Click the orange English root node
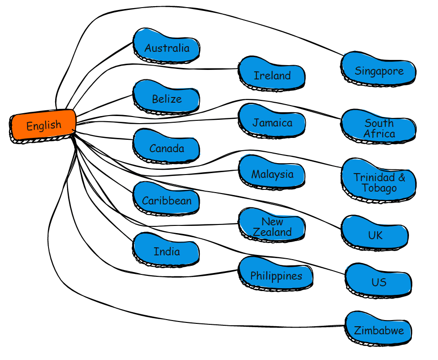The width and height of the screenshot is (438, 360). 43,125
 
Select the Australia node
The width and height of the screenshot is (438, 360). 166,48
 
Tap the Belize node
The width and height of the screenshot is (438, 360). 166,99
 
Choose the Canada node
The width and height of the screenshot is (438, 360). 166,148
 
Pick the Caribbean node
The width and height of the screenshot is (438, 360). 166,200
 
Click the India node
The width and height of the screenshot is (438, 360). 166,251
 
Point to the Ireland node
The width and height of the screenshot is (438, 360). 272,75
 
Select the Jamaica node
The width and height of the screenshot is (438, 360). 272,123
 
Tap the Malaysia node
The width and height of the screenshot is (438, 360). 272,174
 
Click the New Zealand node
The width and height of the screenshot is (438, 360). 272,227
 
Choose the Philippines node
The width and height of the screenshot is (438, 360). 276,276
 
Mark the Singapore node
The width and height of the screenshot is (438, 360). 379,71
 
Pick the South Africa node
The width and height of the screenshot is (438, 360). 379,128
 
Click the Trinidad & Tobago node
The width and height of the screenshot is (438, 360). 379,183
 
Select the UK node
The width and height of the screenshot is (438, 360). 375,235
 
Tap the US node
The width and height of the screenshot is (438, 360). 379,282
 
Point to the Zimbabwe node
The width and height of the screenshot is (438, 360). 379,331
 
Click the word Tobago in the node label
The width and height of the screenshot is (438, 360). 379,188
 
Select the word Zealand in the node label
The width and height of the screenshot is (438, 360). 272,232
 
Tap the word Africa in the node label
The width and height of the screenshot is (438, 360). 379,134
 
